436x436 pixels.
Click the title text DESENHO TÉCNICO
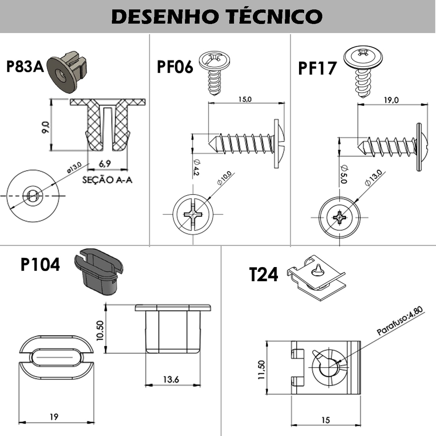217,16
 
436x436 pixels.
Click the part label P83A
25,67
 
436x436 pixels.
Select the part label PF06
175,67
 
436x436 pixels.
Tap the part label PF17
317,68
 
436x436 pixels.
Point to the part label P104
40,265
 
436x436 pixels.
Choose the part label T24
264,274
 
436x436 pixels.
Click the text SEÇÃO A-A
107,180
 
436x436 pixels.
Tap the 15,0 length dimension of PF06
245,99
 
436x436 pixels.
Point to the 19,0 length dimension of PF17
391,100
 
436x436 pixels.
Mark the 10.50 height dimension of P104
100,330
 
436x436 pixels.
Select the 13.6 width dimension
171,380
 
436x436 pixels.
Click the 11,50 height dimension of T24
262,370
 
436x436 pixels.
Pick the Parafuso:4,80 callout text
400,321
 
